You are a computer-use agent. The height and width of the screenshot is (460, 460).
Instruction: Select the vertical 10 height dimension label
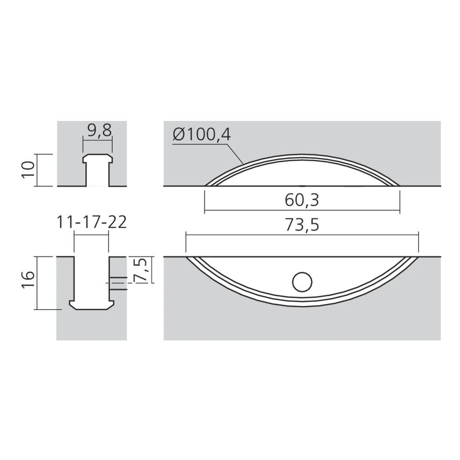[x=29, y=170]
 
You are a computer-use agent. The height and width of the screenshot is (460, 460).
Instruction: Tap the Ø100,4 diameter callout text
[x=202, y=135]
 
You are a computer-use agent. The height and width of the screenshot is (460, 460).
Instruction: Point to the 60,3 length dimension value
[x=302, y=200]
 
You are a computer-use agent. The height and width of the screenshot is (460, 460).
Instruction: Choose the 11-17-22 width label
[x=91, y=222]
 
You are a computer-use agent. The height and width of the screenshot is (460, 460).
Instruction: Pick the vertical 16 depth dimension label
[x=29, y=282]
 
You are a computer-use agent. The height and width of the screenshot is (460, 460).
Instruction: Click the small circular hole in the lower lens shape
[x=302, y=282]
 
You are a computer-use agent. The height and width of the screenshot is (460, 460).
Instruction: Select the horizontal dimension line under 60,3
[x=302, y=211]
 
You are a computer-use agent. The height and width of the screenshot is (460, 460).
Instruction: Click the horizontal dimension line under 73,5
[x=302, y=235]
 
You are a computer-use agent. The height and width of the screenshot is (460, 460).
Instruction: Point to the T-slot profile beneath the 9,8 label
[x=97, y=170]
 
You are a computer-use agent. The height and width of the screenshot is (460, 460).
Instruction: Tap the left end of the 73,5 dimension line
[x=186, y=235]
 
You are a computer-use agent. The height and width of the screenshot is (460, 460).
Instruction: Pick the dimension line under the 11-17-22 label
[x=91, y=234]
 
